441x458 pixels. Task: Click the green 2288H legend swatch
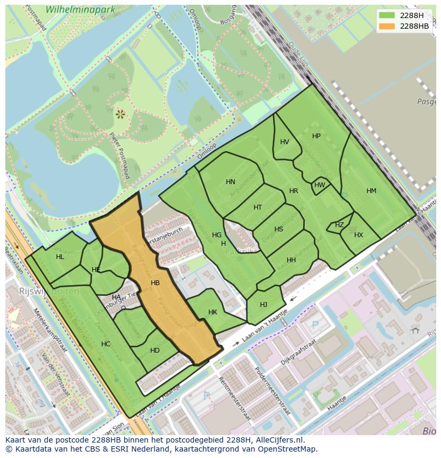point(387,15)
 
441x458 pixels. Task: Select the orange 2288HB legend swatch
point(387,26)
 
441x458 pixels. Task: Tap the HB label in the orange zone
point(155,283)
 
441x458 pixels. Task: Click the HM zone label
point(371,191)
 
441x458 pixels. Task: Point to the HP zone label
point(316,136)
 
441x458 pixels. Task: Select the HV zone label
point(284,142)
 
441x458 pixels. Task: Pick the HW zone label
point(320,185)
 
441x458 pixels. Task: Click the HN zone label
point(230,182)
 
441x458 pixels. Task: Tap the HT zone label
point(258,207)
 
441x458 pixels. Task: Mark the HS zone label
point(279,229)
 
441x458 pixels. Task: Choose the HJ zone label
point(264,305)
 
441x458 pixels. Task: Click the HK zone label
point(213,312)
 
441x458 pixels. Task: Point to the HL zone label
point(60,257)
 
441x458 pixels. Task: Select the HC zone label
point(105,344)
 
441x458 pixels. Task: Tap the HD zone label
point(154,351)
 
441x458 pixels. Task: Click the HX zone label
point(358,235)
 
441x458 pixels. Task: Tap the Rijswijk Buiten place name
point(49,292)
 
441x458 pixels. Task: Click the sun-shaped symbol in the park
point(120,113)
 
